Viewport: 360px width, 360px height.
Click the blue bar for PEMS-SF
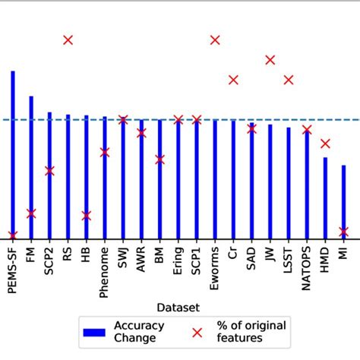[13, 152]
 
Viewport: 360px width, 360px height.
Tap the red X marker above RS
[68, 40]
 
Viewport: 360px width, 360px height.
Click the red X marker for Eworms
[215, 40]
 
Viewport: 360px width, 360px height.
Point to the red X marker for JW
[270, 59]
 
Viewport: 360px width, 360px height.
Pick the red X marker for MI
[343, 232]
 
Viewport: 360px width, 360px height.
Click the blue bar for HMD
[325, 197]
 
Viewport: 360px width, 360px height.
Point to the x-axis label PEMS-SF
[13, 270]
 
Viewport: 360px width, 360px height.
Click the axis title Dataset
[178, 308]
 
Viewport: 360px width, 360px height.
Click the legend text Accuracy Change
[139, 332]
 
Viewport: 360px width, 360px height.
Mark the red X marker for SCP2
[49, 171]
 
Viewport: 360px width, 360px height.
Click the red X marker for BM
[159, 159]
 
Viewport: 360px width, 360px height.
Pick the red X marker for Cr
[233, 80]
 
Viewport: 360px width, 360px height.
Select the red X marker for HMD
[325, 144]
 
